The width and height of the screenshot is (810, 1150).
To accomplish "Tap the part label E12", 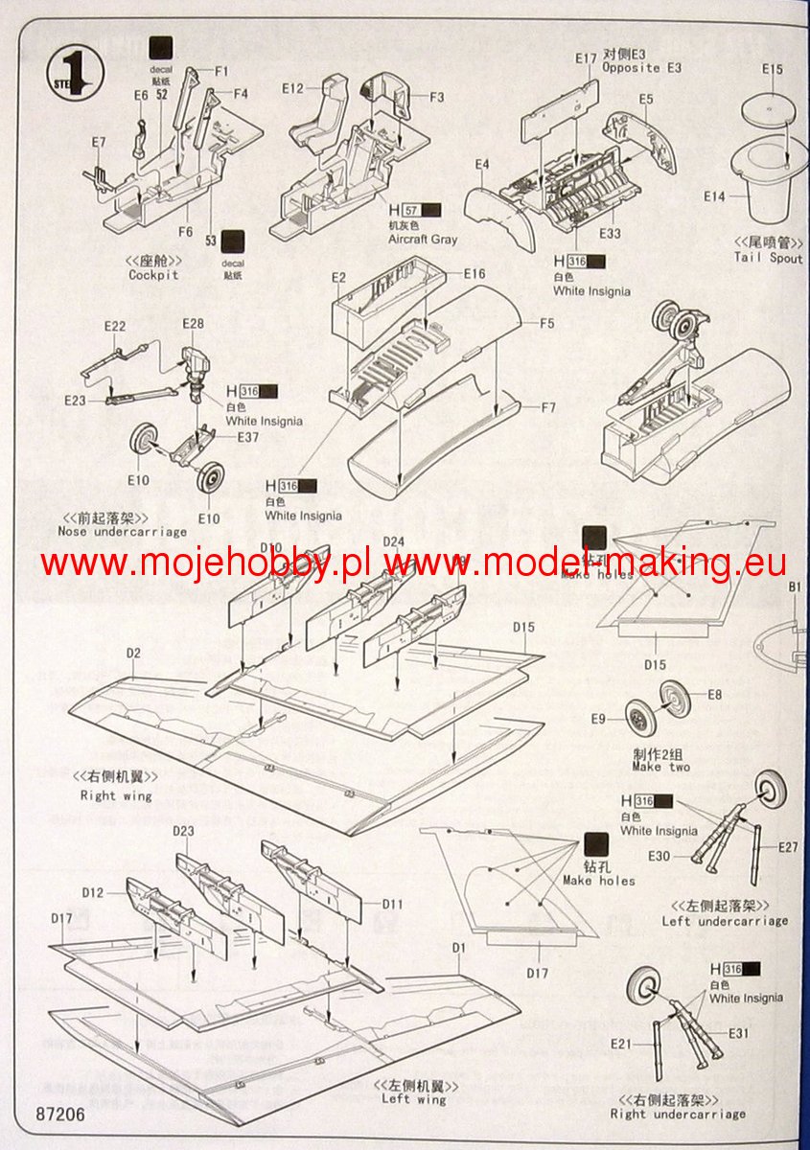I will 292,89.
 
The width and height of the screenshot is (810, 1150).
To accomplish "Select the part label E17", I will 587,58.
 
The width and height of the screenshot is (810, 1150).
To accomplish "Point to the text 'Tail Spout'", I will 769,257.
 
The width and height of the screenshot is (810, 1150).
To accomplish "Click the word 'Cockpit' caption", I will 153,275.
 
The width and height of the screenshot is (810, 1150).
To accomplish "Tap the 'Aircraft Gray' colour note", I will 423,240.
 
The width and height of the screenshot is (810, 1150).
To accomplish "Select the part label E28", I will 193,324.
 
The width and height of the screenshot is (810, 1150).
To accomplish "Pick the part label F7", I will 547,408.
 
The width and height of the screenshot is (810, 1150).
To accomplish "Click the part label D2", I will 133,654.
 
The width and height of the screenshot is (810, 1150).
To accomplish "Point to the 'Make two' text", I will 660,767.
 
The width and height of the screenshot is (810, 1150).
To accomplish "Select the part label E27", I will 787,846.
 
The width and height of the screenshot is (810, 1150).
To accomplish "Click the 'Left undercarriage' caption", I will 725,921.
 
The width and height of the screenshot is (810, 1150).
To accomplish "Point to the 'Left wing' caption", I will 414,1098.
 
